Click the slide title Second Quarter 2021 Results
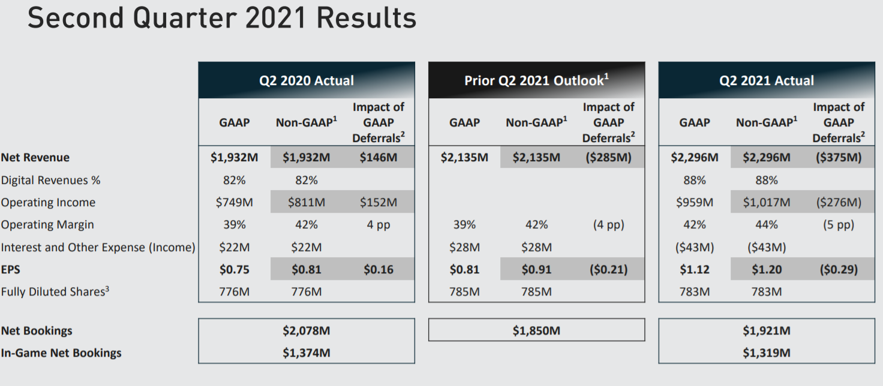221,18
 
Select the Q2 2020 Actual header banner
307,80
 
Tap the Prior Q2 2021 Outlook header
536,80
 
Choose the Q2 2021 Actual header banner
767,80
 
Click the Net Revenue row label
35,158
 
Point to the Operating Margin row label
47,225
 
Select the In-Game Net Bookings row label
61,352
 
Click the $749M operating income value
235,203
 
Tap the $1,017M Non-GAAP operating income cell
767,203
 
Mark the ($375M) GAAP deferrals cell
839,158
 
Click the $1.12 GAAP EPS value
695,270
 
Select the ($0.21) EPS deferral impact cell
608,270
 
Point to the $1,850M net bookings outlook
536,330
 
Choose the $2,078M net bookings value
307,330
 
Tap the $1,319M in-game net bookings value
767,352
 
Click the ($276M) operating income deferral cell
839,203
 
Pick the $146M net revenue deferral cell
379,158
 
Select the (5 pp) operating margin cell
839,225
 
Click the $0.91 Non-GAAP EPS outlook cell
536,270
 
